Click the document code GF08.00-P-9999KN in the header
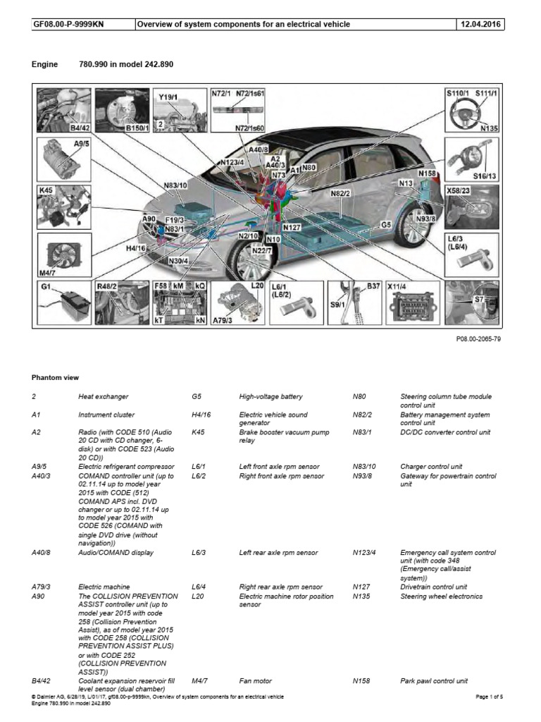64,25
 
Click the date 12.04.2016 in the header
482,25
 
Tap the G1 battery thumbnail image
63,304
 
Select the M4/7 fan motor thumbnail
63,257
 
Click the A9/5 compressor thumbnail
63,159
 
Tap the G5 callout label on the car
385,224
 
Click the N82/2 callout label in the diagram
340,192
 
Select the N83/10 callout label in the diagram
175,186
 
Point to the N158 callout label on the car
427,173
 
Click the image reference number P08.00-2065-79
477,340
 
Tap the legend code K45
198,432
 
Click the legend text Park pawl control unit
434,682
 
